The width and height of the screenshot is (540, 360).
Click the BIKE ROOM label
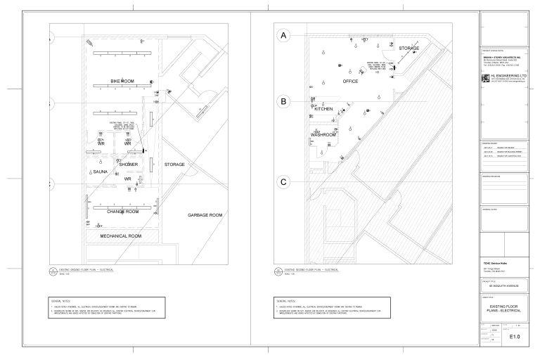pyautogui.click(x=122, y=82)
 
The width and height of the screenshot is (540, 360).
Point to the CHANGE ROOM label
pyautogui.click(x=122, y=211)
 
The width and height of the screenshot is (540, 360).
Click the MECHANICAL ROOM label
pyautogui.click(x=121, y=236)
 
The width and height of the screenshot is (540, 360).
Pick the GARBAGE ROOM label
pyautogui.click(x=205, y=214)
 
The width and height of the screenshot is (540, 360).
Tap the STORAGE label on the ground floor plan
pyautogui.click(x=174, y=165)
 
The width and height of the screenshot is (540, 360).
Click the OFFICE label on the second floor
pyautogui.click(x=349, y=82)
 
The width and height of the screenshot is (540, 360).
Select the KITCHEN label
pyautogui.click(x=319, y=110)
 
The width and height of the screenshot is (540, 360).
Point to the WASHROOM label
pyautogui.click(x=323, y=134)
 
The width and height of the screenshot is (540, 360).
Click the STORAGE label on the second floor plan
pyautogui.click(x=409, y=49)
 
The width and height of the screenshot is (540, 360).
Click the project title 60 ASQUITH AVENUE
pyautogui.click(x=503, y=286)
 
